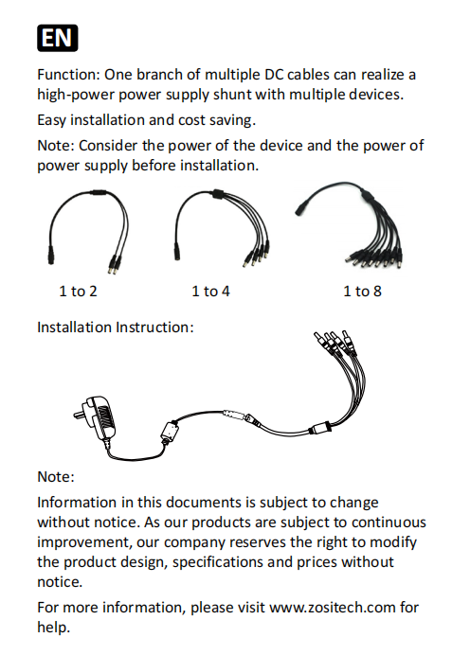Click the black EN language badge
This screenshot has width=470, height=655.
coord(57,38)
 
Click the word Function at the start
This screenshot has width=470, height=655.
coord(67,75)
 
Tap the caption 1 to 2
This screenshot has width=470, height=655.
coord(79,292)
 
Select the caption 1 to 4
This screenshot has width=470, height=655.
coord(210,292)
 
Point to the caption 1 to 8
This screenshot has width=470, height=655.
coord(363,292)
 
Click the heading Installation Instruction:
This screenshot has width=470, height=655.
coord(116,327)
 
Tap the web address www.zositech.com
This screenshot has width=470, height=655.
coord(332,607)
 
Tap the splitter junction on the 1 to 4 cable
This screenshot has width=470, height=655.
coord(217,194)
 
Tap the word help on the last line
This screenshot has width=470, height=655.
coord(53,627)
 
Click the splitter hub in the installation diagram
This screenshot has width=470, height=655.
coord(320,428)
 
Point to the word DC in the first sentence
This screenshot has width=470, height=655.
coord(274,75)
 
